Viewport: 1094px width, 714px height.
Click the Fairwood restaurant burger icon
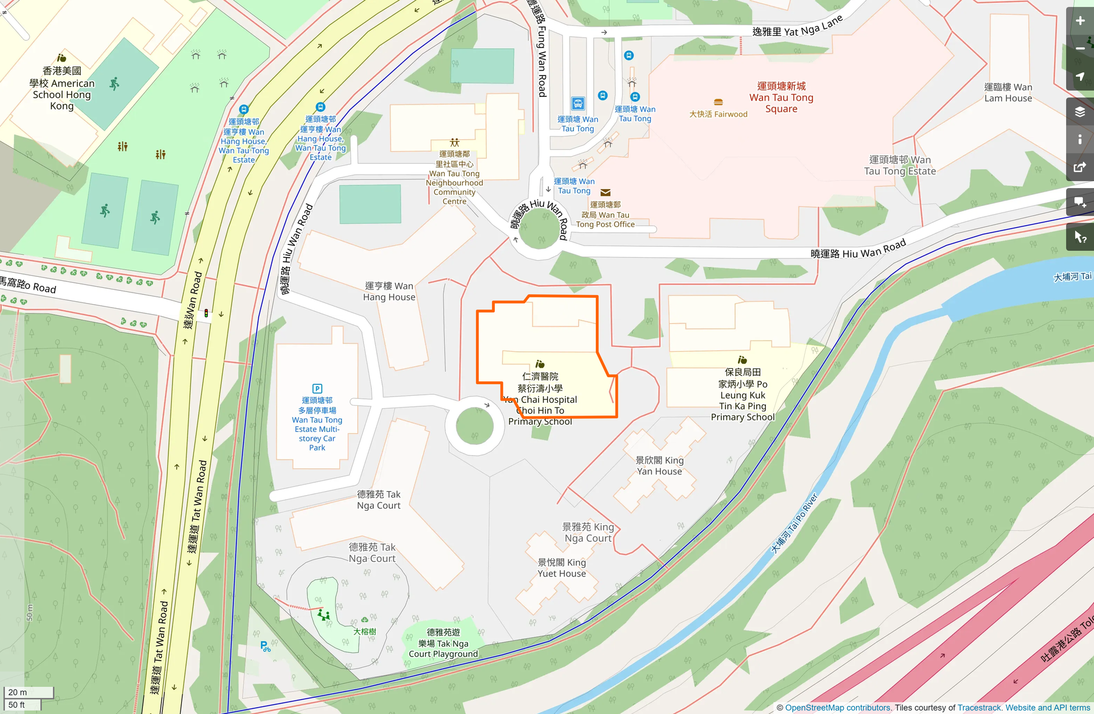pos(718,102)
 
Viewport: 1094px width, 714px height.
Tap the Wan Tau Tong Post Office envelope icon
pos(606,193)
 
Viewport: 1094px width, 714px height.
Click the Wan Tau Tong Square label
pos(781,98)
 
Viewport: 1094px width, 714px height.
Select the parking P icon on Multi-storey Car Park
pos(317,388)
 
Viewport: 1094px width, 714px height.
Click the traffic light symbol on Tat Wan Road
pos(206,313)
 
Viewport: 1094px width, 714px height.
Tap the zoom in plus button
pos(1080,21)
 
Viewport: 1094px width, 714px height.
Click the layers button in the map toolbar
pos(1080,111)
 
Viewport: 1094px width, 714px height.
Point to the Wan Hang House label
pos(389,291)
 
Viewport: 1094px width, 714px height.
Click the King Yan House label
pos(660,466)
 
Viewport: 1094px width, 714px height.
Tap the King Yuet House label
pos(562,568)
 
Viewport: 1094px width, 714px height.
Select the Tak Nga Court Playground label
pos(443,643)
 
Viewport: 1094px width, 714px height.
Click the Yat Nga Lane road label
pos(797,28)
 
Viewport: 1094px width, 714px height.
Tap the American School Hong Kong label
pos(62,88)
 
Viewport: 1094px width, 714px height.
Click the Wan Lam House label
pos(1008,92)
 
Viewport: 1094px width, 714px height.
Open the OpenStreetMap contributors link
pos(837,708)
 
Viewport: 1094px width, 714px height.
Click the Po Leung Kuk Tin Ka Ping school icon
pos(742,360)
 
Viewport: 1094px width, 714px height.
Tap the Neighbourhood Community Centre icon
pos(455,142)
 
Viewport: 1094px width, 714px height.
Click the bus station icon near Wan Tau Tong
pos(578,104)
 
